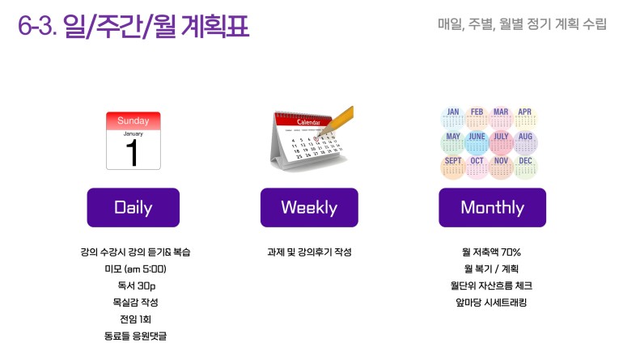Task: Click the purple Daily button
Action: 133,207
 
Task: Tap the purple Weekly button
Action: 309,207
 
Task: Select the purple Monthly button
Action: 492,207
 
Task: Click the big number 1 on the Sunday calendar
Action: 132,153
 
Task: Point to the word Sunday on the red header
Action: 133,121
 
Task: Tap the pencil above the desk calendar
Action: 336,121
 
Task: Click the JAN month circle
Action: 452,118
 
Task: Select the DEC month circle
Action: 525,167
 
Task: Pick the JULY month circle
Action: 501,142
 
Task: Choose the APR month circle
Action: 525,118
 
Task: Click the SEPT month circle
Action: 452,167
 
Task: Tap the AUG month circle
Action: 525,142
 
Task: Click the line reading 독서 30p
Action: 136,286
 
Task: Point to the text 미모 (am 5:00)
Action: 135,269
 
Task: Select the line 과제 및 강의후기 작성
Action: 309,252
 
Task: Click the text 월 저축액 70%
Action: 491,252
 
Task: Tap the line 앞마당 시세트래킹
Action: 491,303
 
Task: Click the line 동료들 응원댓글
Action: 135,336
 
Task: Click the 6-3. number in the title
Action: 37,26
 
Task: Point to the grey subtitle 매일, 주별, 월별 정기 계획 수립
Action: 522,24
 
